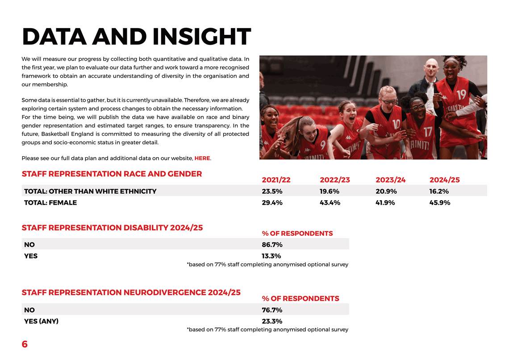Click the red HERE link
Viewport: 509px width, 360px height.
point(202,158)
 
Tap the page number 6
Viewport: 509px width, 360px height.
point(25,344)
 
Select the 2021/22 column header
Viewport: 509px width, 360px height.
point(276,180)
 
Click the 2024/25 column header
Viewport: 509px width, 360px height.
point(444,180)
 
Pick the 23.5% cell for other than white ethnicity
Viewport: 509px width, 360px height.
point(272,191)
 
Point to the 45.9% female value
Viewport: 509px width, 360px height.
point(439,203)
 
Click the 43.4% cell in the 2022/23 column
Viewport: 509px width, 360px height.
point(330,203)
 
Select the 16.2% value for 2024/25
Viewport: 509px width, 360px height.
point(439,191)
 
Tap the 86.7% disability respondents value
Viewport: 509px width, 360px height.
point(272,245)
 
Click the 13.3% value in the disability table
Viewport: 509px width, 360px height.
point(271,256)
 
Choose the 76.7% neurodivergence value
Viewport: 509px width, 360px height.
point(272,310)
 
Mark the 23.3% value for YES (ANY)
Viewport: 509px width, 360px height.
point(272,321)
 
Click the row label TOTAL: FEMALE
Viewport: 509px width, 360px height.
point(50,203)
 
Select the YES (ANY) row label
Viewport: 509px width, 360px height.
point(41,321)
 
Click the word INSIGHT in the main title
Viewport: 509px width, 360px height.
point(201,37)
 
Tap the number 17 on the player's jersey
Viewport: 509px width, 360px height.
point(428,132)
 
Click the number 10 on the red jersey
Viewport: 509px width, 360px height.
point(396,124)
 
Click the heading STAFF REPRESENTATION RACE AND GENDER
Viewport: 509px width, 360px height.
point(112,174)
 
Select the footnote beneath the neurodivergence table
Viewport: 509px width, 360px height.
point(267,330)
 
